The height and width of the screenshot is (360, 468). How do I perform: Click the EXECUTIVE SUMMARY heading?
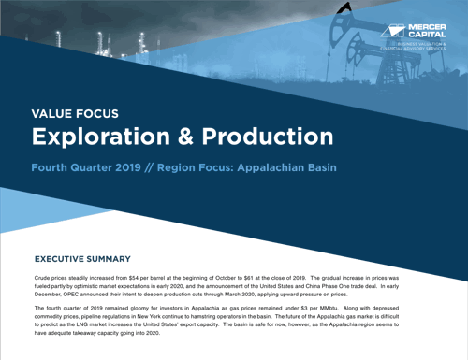pos(82,258)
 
